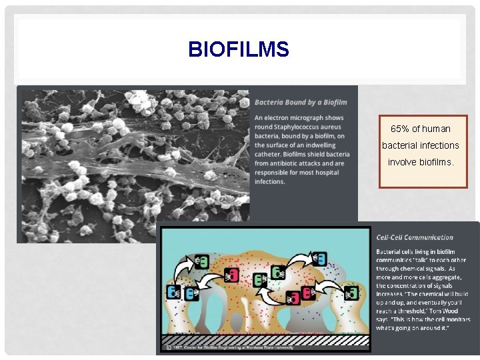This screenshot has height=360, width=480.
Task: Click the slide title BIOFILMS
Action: (x=239, y=49)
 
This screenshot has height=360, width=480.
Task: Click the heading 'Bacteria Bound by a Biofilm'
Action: (x=301, y=102)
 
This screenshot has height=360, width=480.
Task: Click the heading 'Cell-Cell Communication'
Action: (x=414, y=237)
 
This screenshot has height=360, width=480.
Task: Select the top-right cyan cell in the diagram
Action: (x=320, y=258)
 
